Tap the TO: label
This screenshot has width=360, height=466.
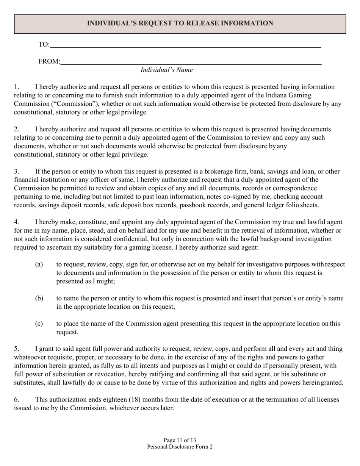[44, 45]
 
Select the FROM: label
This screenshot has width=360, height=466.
[49, 61]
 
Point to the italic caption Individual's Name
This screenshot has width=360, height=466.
[167, 70]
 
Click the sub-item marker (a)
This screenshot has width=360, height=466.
[39, 264]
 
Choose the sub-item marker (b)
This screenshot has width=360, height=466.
[39, 299]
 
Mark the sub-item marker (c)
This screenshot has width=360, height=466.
[39, 324]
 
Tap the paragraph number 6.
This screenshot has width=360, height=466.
[16, 400]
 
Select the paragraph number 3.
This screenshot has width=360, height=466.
[16, 172]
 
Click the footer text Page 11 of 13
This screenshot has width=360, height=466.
[180, 440]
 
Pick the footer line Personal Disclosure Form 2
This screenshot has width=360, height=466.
[180, 447]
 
